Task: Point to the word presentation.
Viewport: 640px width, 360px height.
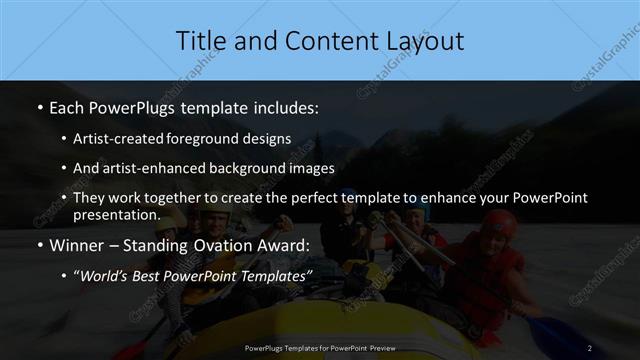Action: point(116,214)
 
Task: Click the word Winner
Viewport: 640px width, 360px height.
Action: point(75,245)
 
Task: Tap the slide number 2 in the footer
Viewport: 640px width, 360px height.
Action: point(590,348)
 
